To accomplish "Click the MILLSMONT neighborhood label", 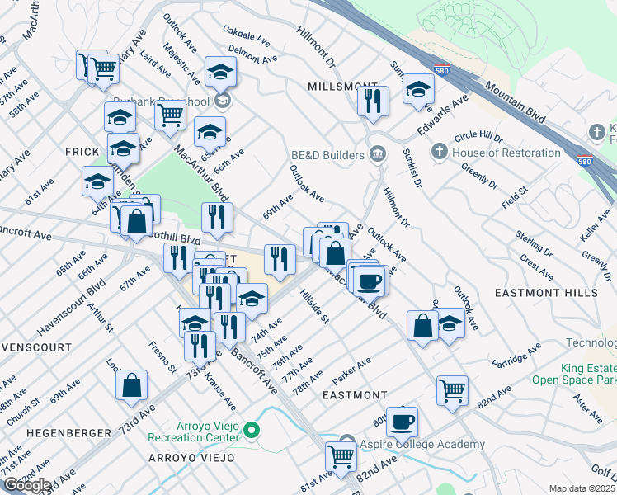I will (336, 87).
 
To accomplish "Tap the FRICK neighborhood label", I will (82, 153).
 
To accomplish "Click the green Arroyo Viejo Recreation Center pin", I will (253, 430).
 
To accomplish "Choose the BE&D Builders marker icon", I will (378, 154).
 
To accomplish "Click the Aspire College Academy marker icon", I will (347, 444).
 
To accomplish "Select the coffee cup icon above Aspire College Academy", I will (402, 422).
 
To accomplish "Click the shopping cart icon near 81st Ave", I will (341, 456).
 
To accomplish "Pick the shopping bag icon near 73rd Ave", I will (132, 384).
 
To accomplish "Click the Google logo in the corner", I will (27, 485).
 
